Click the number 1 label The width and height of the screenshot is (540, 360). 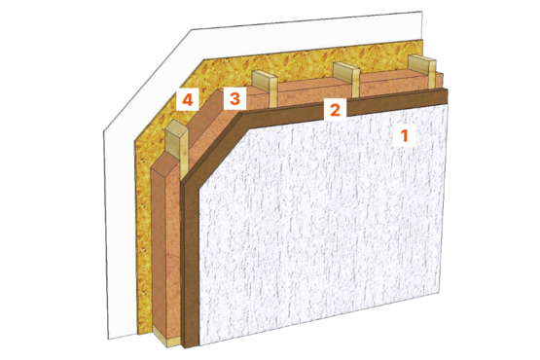[405, 135]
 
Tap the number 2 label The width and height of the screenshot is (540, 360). [335, 110]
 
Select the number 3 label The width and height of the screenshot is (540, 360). [234, 98]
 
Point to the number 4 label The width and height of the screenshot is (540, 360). [188, 100]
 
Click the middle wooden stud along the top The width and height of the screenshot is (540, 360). [346, 79]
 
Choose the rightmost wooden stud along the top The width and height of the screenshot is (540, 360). [422, 71]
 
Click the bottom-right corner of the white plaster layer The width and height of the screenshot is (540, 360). [440, 293]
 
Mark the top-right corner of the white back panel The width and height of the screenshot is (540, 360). [422, 11]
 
